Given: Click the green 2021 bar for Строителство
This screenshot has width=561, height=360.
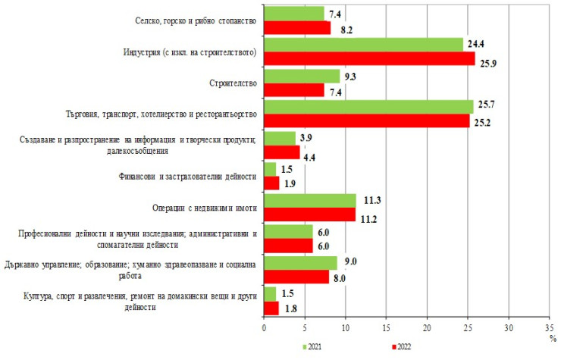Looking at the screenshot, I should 302,76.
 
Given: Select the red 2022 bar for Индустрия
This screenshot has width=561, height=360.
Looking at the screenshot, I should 369,58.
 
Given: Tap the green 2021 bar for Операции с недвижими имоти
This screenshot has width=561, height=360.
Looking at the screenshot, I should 310,200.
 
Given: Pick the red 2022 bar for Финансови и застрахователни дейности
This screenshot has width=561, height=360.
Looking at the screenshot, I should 271,182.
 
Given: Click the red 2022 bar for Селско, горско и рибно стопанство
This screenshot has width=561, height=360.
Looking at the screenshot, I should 297,28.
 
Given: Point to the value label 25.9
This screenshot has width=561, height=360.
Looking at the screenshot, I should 487,59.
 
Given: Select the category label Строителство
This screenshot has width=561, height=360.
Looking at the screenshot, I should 233,83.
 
